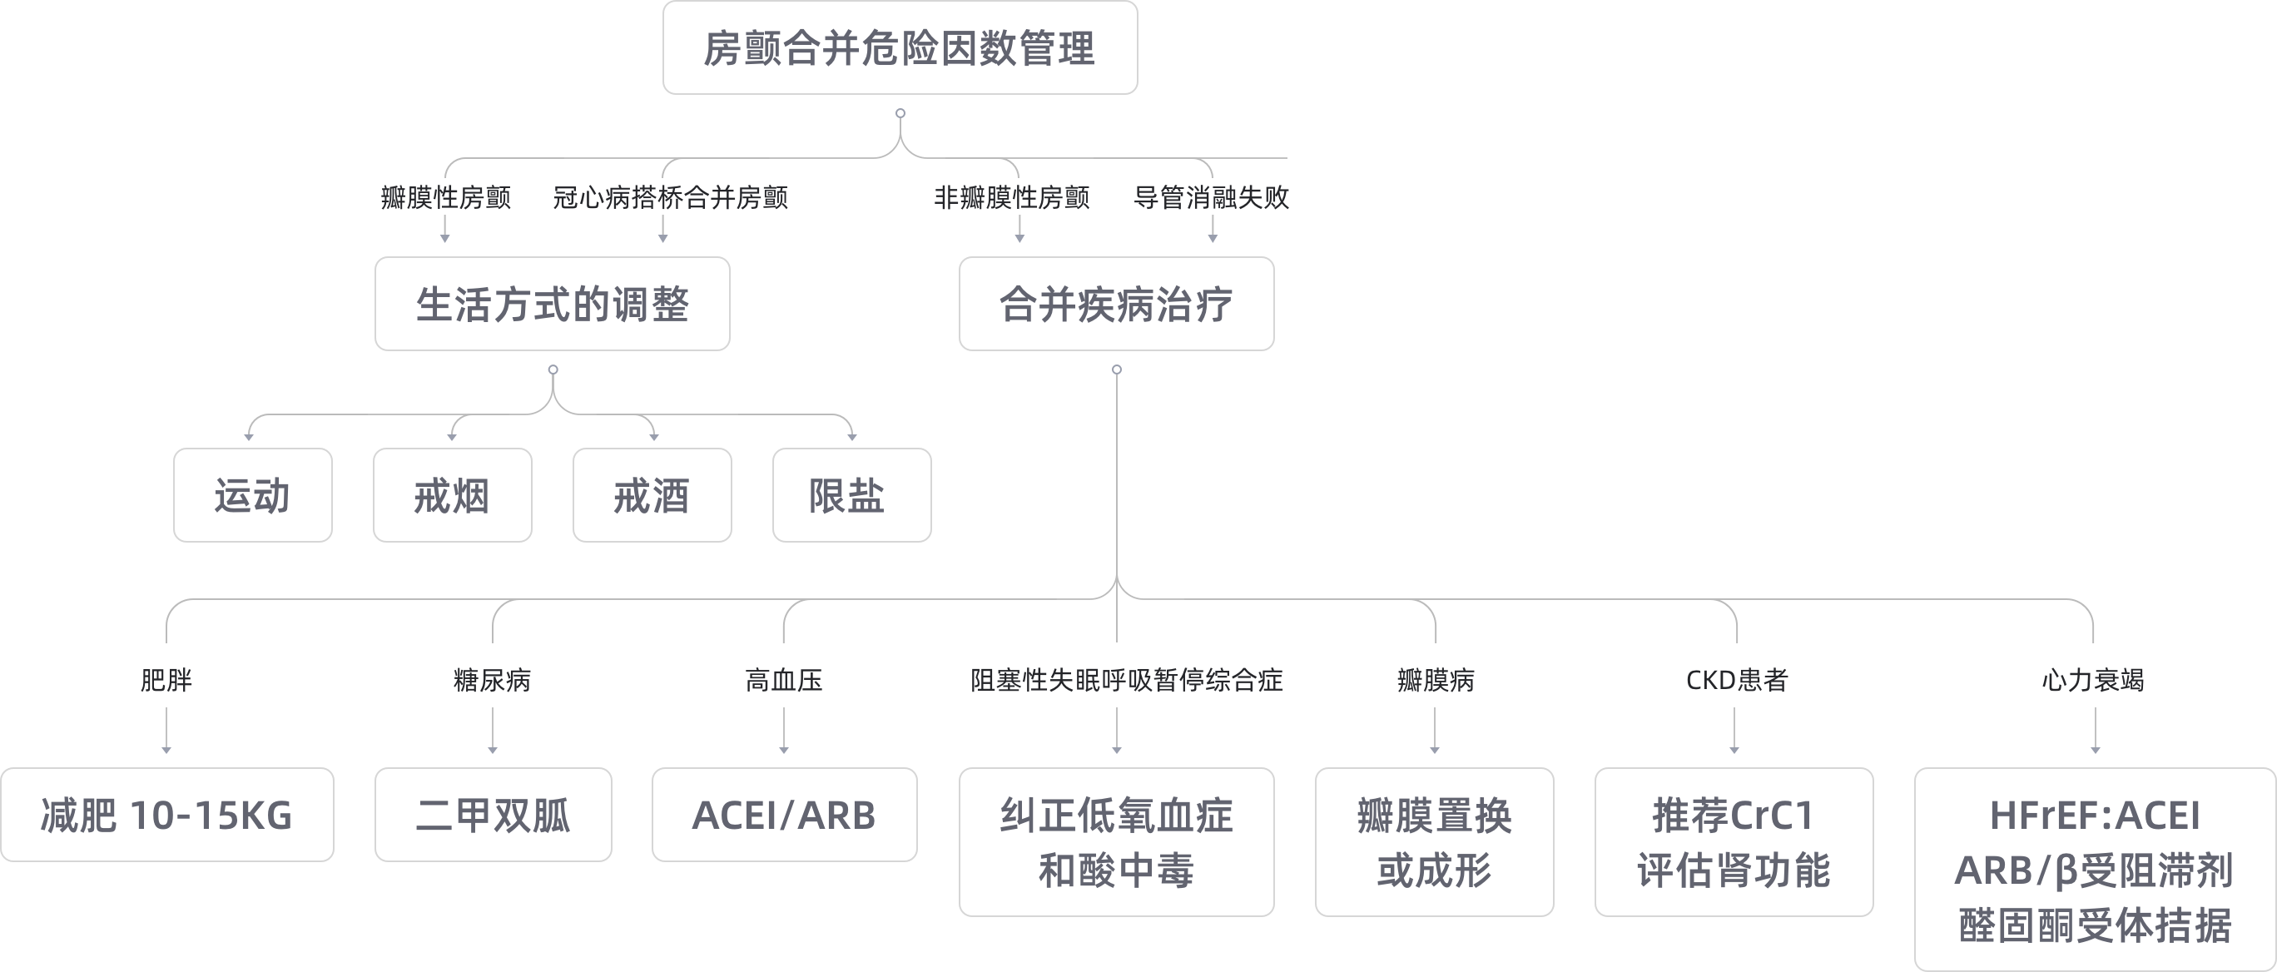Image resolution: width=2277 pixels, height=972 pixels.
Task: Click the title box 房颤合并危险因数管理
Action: [x=900, y=47]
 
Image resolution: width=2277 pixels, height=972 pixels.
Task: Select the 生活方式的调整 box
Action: [x=553, y=304]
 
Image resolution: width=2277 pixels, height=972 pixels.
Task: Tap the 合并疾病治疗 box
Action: [x=1116, y=304]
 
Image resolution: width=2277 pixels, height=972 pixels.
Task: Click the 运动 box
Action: [x=253, y=495]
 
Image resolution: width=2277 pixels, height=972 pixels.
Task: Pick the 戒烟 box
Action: [x=453, y=495]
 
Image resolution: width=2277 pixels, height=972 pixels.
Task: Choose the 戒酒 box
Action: [x=652, y=495]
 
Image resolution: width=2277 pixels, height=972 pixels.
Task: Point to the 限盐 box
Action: [x=851, y=495]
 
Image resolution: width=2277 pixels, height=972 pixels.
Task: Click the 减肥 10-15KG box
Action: [x=167, y=815]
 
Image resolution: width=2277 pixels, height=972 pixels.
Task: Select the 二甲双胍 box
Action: [x=494, y=815]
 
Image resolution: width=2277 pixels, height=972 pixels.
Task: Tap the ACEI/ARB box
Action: [x=784, y=815]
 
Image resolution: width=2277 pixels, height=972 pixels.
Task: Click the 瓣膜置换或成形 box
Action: [x=1434, y=842]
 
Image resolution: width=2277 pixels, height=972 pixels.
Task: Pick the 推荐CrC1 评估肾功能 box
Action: [x=1734, y=842]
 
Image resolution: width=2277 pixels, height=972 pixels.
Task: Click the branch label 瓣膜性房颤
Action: [x=445, y=197]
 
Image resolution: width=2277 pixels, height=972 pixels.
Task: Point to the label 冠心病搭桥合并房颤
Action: [x=670, y=197]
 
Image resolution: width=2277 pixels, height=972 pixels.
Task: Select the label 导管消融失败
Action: [x=1211, y=197]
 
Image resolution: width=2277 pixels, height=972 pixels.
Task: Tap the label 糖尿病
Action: [x=493, y=680]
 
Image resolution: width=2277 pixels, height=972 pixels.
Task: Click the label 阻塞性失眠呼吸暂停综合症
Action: [x=1126, y=680]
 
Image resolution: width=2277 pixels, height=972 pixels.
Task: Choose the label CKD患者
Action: [x=1736, y=680]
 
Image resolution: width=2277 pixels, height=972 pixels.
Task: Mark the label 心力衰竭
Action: [x=2093, y=680]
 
